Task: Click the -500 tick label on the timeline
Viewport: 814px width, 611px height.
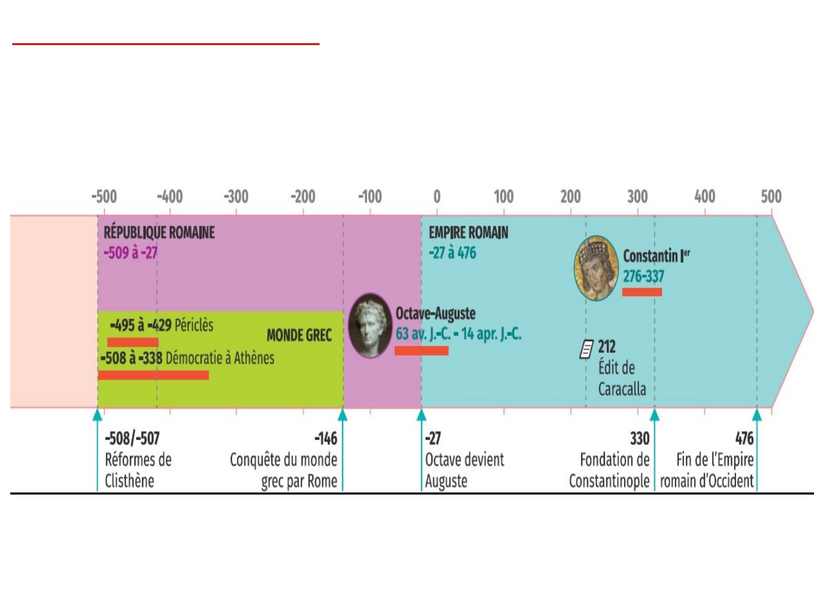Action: (104, 196)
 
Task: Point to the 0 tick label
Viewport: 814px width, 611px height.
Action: (437, 196)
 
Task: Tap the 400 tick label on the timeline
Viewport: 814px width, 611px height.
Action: (705, 196)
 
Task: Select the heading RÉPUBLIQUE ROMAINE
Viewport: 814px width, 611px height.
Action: (159, 233)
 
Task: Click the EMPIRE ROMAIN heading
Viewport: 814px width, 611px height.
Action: (468, 233)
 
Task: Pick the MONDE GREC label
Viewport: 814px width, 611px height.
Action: (299, 336)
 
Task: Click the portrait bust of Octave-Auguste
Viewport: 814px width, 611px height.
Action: (370, 326)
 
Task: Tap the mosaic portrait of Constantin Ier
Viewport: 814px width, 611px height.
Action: (596, 268)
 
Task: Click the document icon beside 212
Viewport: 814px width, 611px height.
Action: (586, 349)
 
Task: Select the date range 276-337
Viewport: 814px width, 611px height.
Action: (643, 276)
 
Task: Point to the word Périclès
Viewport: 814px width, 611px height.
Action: (194, 326)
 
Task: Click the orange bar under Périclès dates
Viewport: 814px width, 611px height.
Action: (133, 342)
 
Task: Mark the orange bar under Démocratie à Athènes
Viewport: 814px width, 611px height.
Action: (153, 375)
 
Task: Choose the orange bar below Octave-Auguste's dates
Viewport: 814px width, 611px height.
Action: (421, 351)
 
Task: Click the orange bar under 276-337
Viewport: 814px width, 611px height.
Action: (642, 292)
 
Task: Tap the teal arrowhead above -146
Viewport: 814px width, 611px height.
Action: (343, 415)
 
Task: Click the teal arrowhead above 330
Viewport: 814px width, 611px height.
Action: (654, 415)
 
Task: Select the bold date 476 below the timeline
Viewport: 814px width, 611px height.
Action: (744, 439)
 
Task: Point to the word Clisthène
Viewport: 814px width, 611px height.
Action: (129, 481)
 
